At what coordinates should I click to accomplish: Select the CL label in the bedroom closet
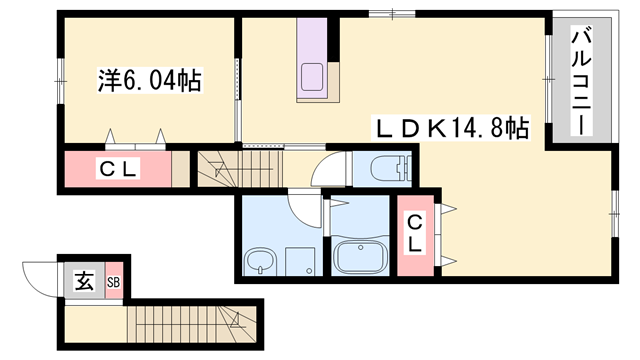point(117,169)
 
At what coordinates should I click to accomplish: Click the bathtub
point(361,258)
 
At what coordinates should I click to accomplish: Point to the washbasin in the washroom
point(260,263)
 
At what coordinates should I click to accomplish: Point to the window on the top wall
point(392,14)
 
